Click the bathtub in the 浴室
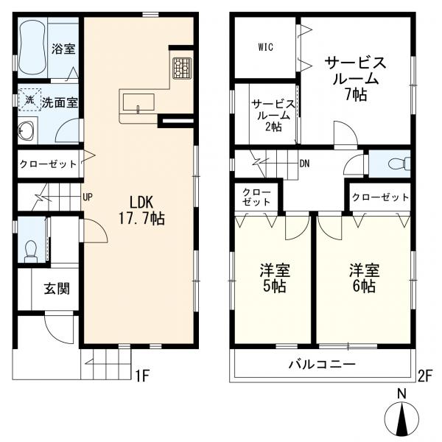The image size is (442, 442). click(x=32, y=47)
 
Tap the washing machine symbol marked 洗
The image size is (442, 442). click(x=30, y=99)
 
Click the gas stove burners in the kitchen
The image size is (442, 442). click(x=182, y=69)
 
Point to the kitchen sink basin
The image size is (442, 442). click(x=138, y=102)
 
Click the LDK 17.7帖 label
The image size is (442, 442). click(x=141, y=210)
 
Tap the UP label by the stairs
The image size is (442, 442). click(x=88, y=197)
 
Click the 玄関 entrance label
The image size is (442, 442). click(x=57, y=288)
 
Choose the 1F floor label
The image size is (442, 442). click(x=142, y=376)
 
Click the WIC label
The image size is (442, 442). click(x=265, y=47)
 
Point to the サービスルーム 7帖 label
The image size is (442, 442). click(x=356, y=79)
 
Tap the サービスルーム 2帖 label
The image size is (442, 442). click(x=273, y=116)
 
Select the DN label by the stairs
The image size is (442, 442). click(x=304, y=164)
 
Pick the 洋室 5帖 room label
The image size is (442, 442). click(x=275, y=278)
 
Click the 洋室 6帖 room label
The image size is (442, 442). click(x=364, y=278)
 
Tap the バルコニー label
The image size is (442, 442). click(x=322, y=365)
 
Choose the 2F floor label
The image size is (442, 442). click(x=424, y=376)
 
